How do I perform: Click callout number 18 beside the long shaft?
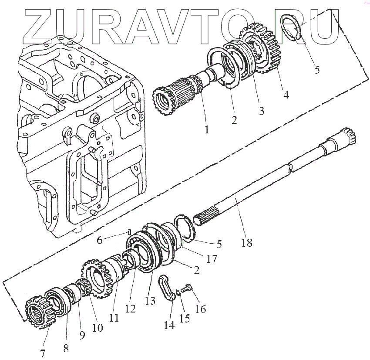(247, 243)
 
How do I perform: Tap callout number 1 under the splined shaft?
(207, 129)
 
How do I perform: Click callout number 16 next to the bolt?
(201, 309)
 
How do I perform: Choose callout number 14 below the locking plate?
(169, 325)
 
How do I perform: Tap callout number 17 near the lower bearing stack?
(212, 259)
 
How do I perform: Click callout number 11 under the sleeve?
(114, 318)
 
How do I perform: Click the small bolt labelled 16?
(188, 289)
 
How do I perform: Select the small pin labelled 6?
(130, 231)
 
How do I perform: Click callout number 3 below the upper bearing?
(261, 111)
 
